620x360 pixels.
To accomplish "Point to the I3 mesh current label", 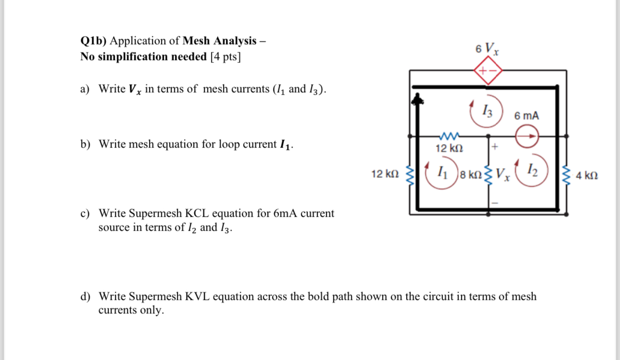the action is [487, 112].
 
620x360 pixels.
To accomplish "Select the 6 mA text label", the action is [526, 116].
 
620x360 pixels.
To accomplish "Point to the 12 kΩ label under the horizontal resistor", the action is [449, 148].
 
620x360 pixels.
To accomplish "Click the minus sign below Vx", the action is [495, 204].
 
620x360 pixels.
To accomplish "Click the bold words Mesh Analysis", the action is [220, 41].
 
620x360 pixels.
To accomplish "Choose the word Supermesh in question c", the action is [154, 213].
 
